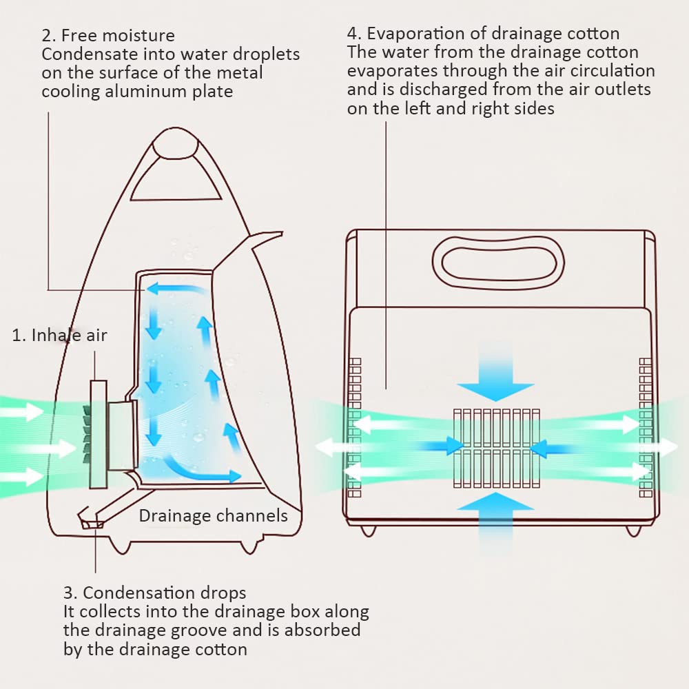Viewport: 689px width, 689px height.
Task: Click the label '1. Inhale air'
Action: pyautogui.click(x=59, y=336)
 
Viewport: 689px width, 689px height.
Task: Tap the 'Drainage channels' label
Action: pyautogui.click(x=213, y=515)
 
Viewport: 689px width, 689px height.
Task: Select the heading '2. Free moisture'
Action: pyautogui.click(x=108, y=35)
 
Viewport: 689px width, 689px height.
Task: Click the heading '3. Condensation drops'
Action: pyautogui.click(x=154, y=593)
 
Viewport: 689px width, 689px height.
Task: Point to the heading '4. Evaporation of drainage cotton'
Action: pyautogui.click(x=484, y=33)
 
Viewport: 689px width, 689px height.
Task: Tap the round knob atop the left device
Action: pyautogui.click(x=175, y=143)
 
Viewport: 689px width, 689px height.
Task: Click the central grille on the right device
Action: pyautogui.click(x=497, y=449)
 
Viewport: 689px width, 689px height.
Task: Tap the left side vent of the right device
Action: pyautogui.click(x=355, y=428)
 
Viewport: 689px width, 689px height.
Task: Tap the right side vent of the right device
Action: pyautogui.click(x=646, y=428)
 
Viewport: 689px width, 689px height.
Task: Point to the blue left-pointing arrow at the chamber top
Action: pyautogui.click(x=176, y=289)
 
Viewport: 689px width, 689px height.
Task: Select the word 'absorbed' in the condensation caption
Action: pyautogui.click(x=322, y=630)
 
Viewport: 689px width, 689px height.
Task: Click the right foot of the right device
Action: pyautogui.click(x=633, y=531)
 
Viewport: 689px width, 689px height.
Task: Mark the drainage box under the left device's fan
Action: pyautogui.click(x=92, y=522)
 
